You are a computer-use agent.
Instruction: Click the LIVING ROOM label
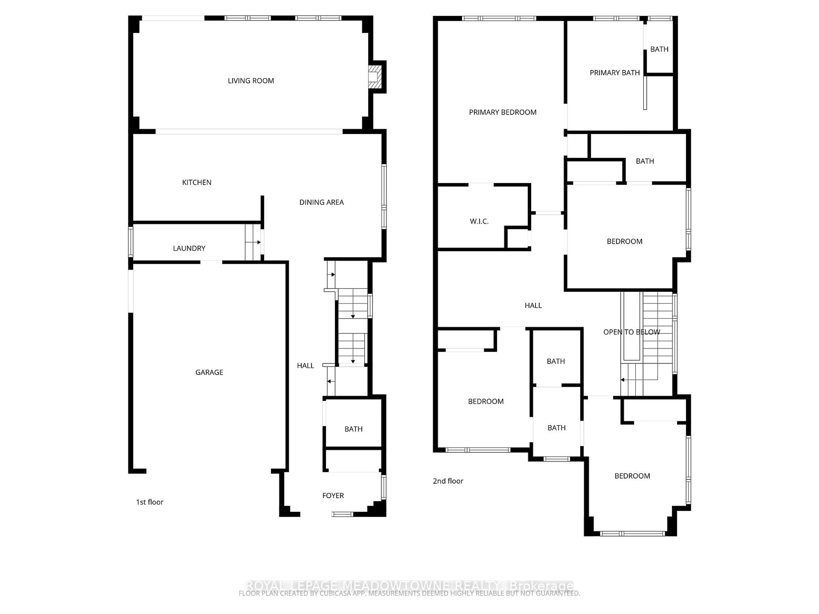[x=251, y=81]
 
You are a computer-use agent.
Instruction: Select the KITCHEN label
[x=197, y=182]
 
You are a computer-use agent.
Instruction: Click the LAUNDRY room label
[x=189, y=248]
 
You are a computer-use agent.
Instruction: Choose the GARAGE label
[x=209, y=372]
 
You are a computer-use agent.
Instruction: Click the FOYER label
[x=333, y=495]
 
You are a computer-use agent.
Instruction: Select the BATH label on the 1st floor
[x=353, y=429]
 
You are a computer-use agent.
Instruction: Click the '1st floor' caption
[x=150, y=502]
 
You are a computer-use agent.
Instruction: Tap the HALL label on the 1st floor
[x=305, y=366]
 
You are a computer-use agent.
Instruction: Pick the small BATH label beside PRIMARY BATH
[x=659, y=49]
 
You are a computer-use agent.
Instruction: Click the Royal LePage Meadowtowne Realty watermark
[x=409, y=586]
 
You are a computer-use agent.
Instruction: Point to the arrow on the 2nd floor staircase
[x=623, y=380]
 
